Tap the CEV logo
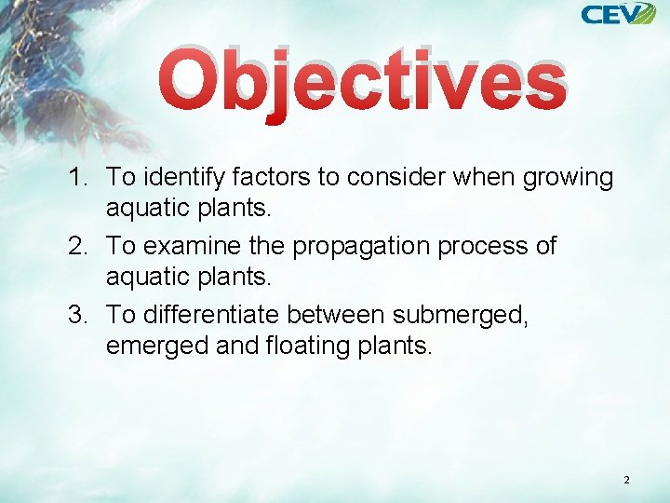pyautogui.click(x=618, y=14)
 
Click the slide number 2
pyautogui.click(x=626, y=480)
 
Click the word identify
pyautogui.click(x=182, y=177)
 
